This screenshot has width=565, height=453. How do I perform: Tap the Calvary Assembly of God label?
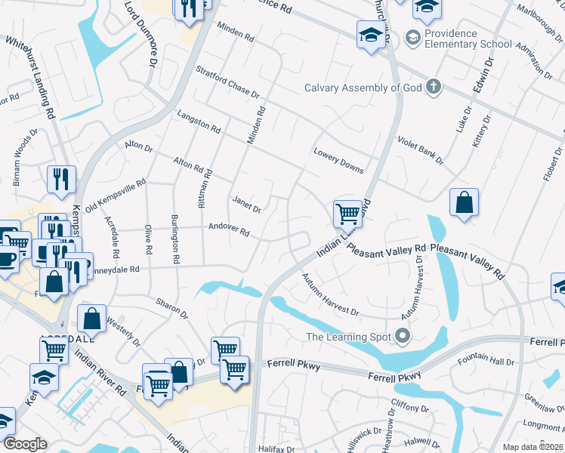363,88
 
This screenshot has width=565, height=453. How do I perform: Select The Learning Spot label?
350,337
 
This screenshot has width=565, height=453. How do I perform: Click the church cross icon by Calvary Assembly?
433,86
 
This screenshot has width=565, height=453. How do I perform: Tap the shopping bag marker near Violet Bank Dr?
464,202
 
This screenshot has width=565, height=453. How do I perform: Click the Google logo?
24,444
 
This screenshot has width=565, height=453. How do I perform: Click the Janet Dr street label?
246,203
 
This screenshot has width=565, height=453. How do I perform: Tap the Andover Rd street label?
229,229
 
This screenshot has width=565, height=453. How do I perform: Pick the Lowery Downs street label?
338,159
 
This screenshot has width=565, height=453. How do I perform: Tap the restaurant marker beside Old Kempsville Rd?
61,179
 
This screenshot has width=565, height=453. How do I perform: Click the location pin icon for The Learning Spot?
403,336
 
